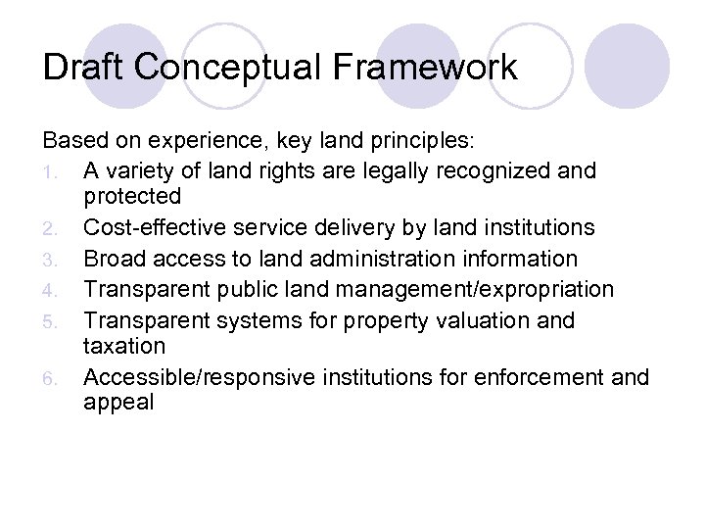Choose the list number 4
[61, 291]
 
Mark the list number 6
[61, 378]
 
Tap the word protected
[132, 197]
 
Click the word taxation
[125, 346]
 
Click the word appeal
[118, 403]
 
